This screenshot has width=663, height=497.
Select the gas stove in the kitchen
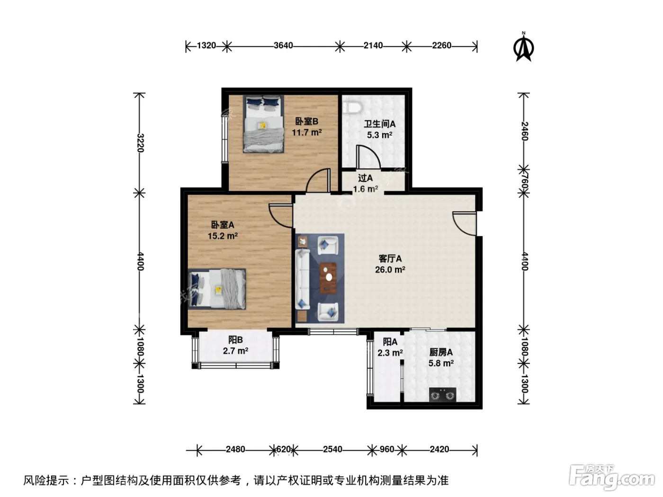pos(442,394)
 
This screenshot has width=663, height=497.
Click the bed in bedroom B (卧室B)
pos(263,124)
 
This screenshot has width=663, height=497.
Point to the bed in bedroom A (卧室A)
pos(217,289)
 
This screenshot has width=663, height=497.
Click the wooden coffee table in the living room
pos(328,278)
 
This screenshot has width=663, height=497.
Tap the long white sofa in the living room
pos(302,279)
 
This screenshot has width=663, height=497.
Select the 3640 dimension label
pos(283,45)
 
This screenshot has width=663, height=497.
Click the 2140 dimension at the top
pos(373,45)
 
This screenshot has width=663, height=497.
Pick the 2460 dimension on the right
pos(525,131)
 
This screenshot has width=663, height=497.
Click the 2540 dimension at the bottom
pos(332,449)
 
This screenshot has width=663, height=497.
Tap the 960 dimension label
pos(386,449)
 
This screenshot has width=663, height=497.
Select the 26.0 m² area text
pos(390,269)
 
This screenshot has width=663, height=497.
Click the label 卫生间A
pos(379,124)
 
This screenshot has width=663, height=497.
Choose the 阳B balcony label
pos(235,340)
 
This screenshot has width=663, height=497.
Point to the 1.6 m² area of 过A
pos(366,189)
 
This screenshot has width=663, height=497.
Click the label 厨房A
pos(441,352)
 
